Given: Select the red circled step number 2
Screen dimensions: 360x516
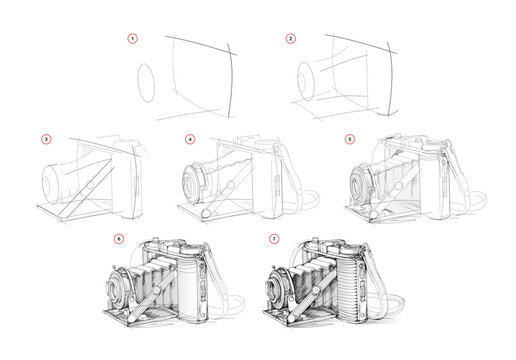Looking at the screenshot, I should [291, 40].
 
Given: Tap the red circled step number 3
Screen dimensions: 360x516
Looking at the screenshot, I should [45, 139].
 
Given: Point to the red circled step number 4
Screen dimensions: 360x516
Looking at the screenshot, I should [190, 139].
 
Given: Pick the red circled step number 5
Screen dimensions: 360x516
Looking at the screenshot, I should [350, 139].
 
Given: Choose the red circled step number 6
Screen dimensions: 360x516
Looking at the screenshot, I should [119, 240].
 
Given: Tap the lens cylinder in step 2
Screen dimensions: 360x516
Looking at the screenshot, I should [309, 79].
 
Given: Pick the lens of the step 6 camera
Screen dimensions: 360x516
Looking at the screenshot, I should [119, 288].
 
